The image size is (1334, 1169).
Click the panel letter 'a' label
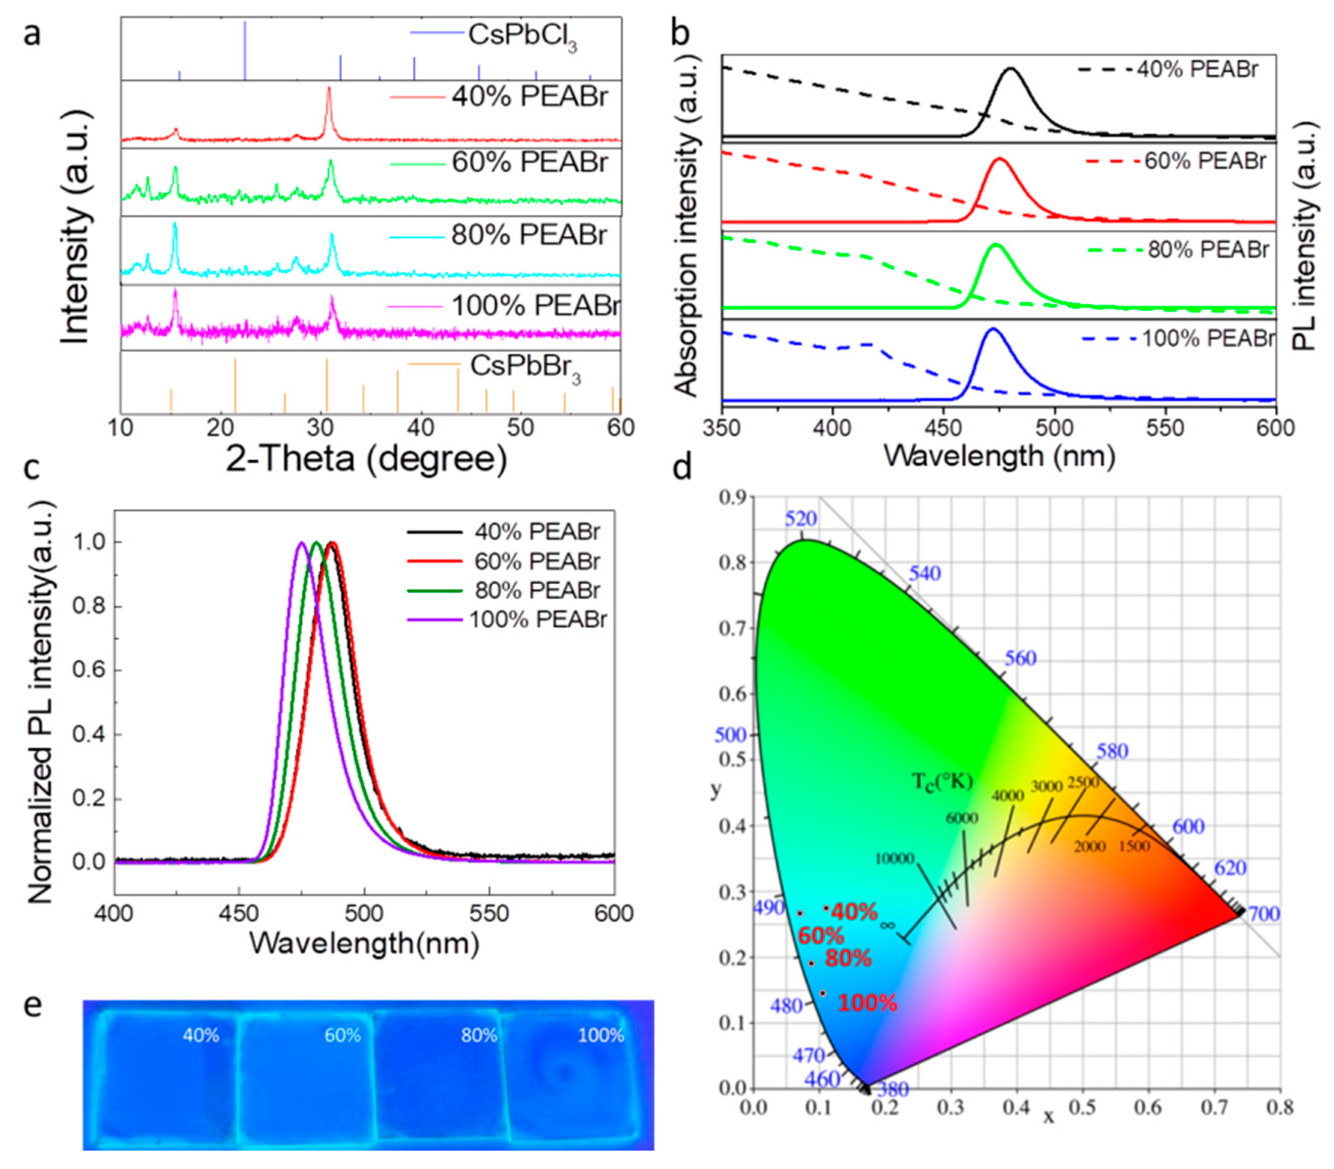[x=31, y=33]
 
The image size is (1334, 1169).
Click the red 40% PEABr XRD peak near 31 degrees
[x=328, y=91]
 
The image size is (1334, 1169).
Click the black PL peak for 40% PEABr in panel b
[x=1011, y=69]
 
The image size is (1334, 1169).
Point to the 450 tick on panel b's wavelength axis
[x=943, y=428]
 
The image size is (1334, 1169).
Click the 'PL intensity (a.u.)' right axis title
[x=1304, y=235]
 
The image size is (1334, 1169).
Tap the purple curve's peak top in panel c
[x=301, y=543]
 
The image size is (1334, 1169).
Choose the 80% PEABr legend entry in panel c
[x=536, y=590]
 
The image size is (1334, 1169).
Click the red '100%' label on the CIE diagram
[x=867, y=1003]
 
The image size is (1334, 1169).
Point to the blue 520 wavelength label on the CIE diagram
[x=801, y=518]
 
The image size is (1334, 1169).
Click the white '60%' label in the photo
[x=342, y=1035]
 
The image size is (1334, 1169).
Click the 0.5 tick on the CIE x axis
[x=1082, y=1108]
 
